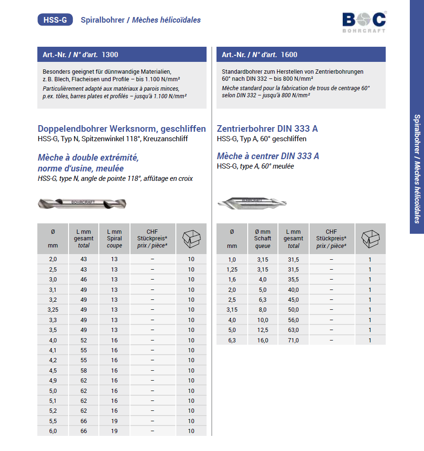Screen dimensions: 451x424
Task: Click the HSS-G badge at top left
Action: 55,20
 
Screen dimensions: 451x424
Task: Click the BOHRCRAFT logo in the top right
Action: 363,22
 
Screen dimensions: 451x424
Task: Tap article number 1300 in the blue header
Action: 110,55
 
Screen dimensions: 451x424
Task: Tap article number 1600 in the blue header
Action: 289,55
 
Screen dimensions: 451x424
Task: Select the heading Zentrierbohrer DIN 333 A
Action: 268,128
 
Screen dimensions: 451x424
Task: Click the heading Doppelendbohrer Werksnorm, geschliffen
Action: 121,128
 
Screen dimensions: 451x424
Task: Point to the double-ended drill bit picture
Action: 82,203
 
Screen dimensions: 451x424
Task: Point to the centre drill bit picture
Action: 251,203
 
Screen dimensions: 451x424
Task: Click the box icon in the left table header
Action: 191,238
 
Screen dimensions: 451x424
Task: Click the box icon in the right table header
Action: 370,238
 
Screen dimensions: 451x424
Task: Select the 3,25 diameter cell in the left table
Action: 52,310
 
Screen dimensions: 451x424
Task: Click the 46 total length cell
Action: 84,280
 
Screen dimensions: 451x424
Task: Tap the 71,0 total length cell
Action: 293,340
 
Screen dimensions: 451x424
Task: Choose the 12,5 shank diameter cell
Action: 262,330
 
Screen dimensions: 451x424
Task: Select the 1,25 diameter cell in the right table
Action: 232,270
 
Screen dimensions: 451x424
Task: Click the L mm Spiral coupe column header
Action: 114,238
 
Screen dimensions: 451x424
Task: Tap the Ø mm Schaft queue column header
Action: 262,238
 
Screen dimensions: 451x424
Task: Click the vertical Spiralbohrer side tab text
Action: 417,169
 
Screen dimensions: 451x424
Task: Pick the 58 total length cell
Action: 84,371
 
